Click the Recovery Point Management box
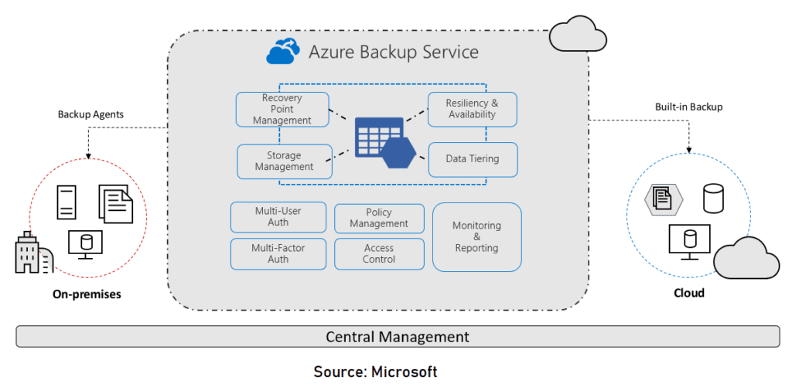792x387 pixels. point(282,110)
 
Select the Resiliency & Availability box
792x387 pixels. point(472,109)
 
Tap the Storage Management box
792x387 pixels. point(284,161)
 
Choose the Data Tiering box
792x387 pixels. point(472,159)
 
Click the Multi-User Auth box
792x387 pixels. point(278,217)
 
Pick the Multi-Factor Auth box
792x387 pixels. point(278,254)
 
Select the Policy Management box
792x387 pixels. point(379,218)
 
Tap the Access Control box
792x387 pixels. point(379,254)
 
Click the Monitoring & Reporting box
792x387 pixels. point(476,237)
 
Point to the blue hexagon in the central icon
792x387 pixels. point(399,151)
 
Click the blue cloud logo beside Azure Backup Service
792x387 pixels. point(282,53)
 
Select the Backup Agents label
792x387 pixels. point(90,114)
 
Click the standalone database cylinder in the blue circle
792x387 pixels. point(712,199)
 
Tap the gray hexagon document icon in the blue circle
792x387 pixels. point(664,199)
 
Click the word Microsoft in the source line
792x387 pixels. point(405,372)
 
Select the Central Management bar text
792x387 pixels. point(397,337)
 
